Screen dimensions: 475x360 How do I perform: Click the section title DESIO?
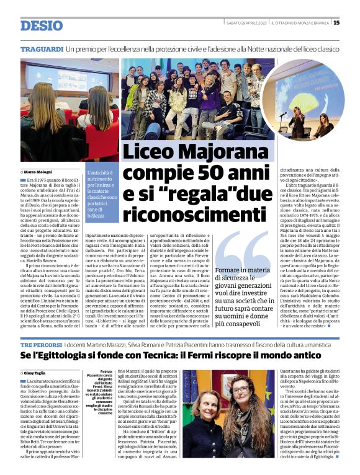(41, 25)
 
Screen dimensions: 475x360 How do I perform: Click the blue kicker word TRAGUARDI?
(42, 48)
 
